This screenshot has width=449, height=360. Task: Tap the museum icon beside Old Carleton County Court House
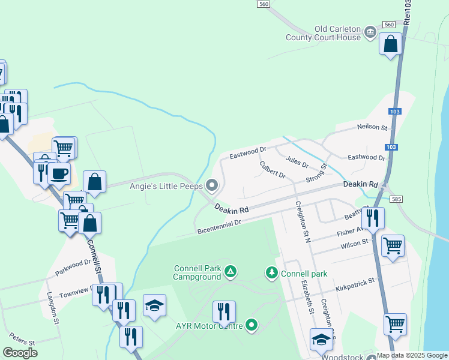370,31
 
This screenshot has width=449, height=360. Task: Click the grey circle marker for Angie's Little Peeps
211,184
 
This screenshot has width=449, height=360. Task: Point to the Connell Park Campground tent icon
230,272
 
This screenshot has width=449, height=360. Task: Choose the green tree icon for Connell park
272,273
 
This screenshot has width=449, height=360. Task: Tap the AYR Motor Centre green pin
252,326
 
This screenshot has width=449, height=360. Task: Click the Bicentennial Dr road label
218,226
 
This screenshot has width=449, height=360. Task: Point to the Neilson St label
373,127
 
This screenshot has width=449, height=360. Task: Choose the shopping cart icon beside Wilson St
393,245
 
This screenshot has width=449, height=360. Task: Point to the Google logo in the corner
20,353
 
